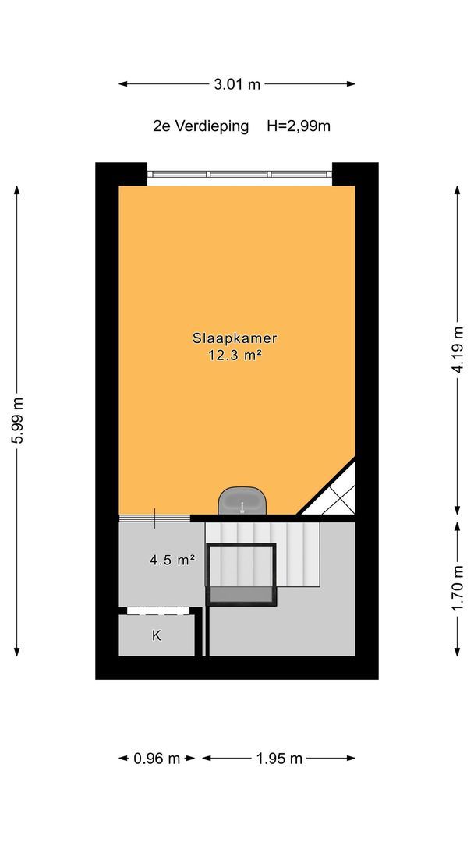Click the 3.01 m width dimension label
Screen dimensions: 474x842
tap(237, 83)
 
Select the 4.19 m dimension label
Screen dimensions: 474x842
tap(457, 349)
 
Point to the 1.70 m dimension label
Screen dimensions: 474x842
tap(457, 588)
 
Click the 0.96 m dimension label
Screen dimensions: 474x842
tap(157, 759)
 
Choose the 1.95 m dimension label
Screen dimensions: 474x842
tap(278, 759)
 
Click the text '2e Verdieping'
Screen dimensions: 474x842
tap(201, 127)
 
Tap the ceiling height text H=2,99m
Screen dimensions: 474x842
tap(299, 127)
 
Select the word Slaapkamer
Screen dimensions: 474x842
tap(235, 338)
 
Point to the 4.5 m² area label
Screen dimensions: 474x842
tap(172, 561)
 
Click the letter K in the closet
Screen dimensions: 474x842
tap(156, 636)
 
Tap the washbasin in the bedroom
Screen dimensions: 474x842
tap(242, 501)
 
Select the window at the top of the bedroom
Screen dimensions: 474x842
tap(239, 174)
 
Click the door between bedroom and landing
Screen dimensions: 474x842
tap(154, 518)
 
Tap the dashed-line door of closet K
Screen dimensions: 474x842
tap(160, 610)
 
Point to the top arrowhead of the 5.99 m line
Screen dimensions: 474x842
tap(17, 189)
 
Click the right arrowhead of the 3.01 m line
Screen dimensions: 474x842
tap(351, 83)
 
